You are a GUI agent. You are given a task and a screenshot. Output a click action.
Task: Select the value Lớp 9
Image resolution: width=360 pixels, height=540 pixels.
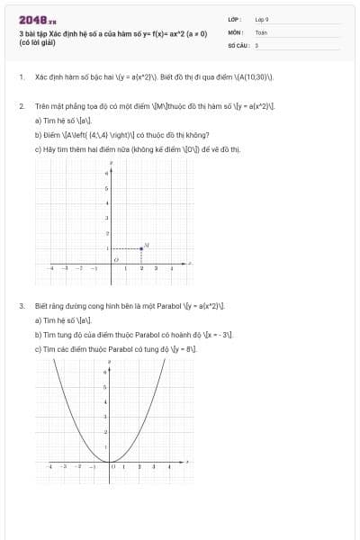[262, 19]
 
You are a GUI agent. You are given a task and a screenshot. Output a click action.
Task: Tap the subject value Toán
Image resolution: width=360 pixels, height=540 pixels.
[261, 31]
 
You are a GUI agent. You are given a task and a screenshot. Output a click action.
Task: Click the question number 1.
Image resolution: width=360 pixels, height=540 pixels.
[21, 77]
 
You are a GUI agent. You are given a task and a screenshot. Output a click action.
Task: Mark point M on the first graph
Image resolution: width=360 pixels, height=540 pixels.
[141, 247]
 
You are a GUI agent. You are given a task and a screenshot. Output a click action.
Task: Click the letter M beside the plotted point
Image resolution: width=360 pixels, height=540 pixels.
[147, 244]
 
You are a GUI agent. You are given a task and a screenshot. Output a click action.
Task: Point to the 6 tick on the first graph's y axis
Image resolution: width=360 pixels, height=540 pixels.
[107, 173]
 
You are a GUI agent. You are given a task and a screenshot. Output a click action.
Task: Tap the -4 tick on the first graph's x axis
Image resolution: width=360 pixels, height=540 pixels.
[50, 268]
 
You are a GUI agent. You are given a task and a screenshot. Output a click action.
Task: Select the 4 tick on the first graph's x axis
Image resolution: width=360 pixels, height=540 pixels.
[171, 268]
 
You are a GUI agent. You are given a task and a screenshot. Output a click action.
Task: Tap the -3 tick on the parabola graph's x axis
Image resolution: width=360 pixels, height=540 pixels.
[64, 467]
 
